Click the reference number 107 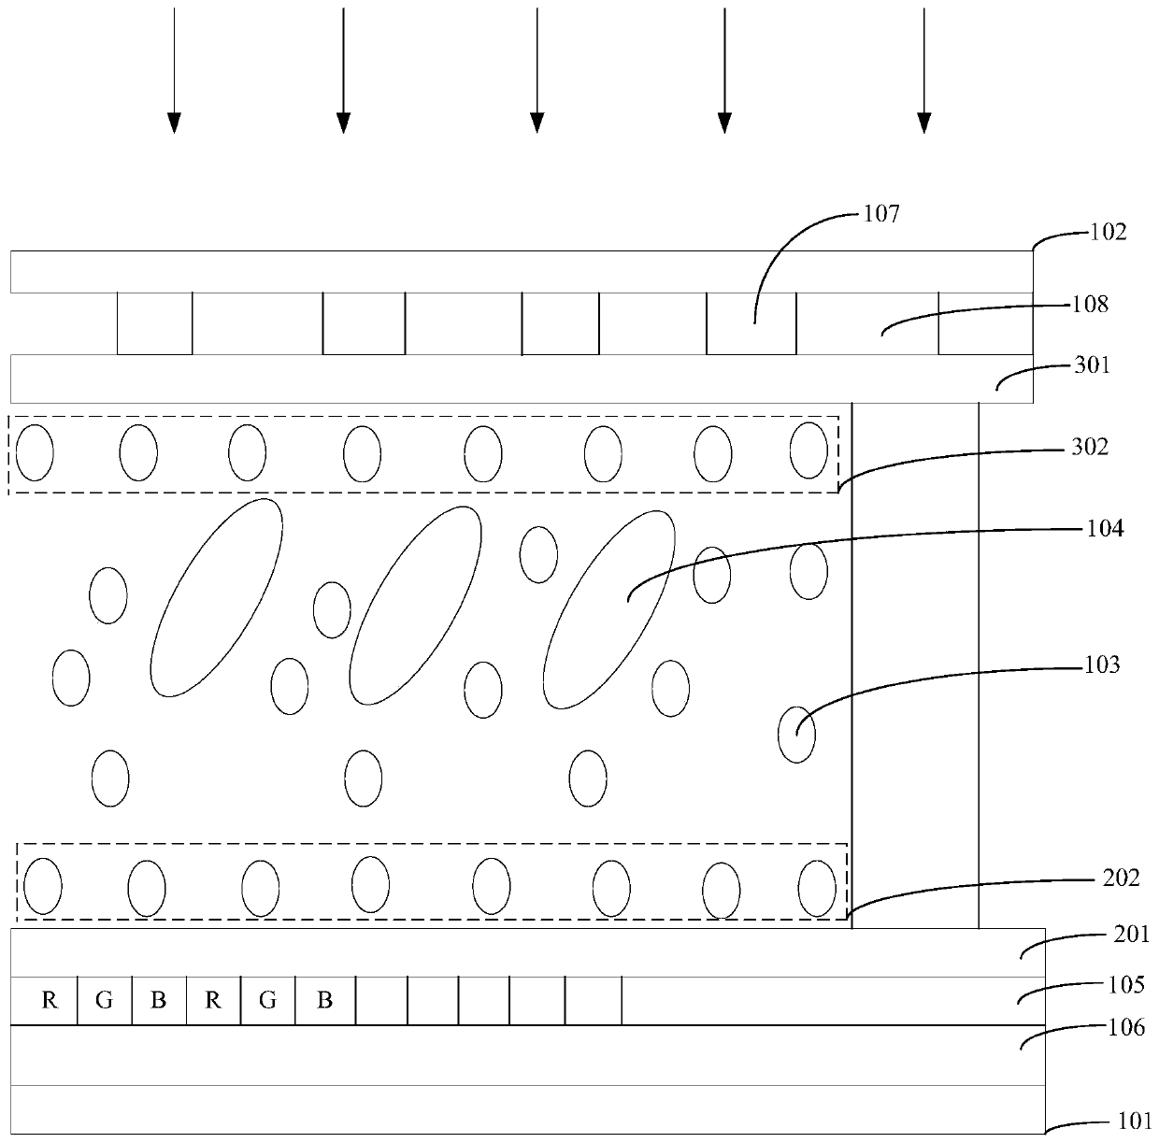click(880, 214)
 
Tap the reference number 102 click(1109, 231)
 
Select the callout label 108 click(1091, 304)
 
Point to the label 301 click(1092, 364)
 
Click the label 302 click(1091, 447)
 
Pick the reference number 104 click(1105, 529)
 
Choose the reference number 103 click(1102, 665)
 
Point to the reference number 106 click(1126, 1028)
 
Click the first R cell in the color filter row click(50, 1001)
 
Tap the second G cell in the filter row click(268, 1001)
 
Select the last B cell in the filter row click(324, 1001)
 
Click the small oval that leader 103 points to click(796, 735)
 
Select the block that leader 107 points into click(751, 323)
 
